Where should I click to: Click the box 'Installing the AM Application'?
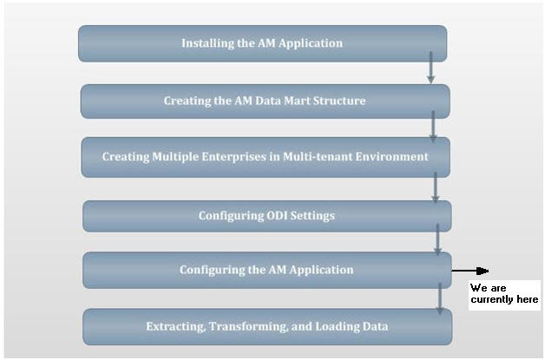[x=262, y=43]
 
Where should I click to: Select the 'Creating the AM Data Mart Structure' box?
[x=265, y=101]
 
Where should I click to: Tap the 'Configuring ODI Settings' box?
[x=266, y=216]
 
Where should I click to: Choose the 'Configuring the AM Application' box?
[x=266, y=270]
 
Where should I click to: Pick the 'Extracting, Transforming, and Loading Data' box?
[x=266, y=326]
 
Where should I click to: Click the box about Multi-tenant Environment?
[x=265, y=157]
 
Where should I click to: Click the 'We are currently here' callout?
[x=504, y=293]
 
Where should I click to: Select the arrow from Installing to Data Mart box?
[x=430, y=68]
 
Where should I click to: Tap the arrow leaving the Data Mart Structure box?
[x=433, y=126]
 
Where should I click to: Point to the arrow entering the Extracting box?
[x=440, y=298]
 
